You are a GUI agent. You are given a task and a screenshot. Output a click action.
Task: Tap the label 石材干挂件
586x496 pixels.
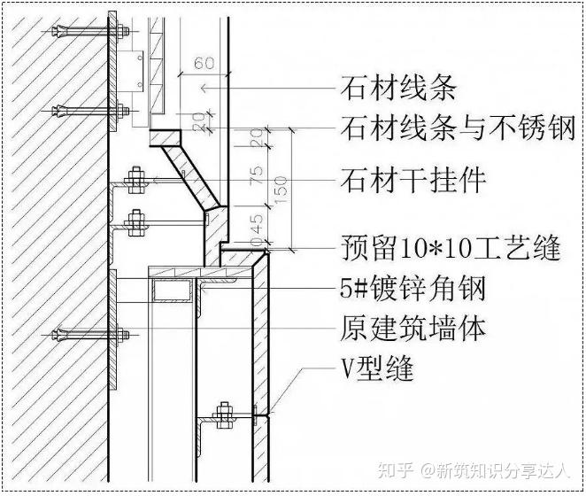tap(413, 181)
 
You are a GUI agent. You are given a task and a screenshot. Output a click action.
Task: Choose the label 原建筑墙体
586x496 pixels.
tap(413, 329)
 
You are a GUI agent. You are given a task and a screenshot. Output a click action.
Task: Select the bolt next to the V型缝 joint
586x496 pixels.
tap(226, 412)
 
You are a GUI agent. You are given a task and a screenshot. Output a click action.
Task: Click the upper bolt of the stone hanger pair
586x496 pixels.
tap(136, 180)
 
